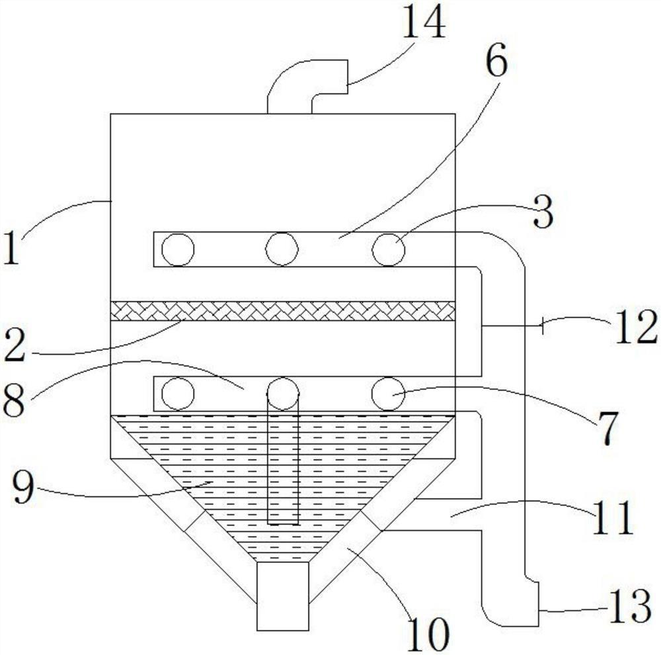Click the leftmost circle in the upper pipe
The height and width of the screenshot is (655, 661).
[178, 250]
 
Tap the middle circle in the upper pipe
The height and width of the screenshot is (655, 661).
[282, 249]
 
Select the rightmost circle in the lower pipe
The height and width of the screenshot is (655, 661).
[388, 394]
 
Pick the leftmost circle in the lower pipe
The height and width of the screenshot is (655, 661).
[178, 394]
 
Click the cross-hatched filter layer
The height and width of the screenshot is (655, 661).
[283, 310]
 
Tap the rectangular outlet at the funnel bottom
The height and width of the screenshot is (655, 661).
[283, 595]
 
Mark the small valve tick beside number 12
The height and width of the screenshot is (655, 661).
[542, 326]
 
